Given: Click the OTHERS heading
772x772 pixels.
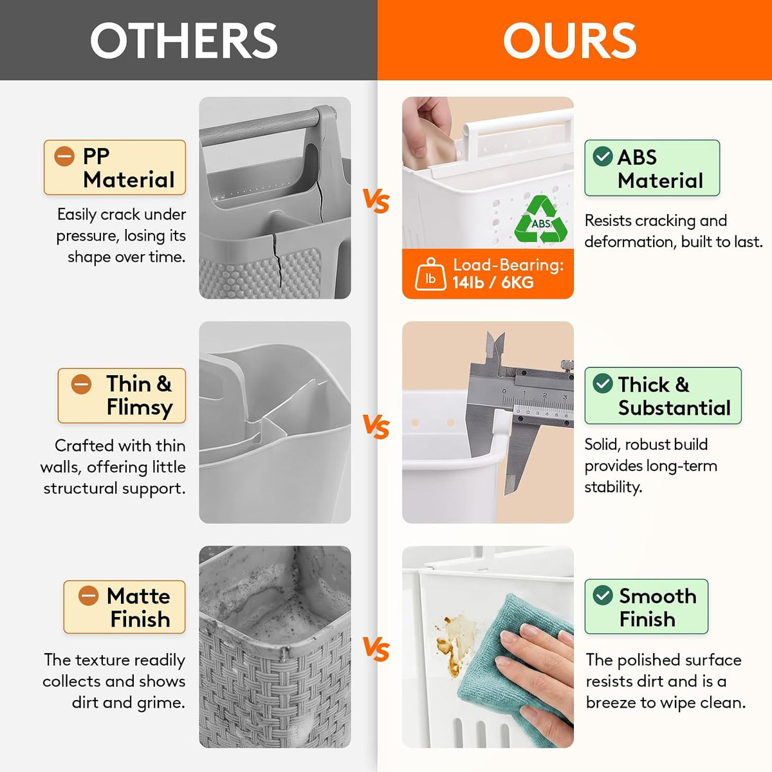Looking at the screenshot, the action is (184, 40).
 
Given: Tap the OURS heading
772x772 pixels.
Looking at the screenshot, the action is (570, 40).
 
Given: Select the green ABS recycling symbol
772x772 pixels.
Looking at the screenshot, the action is (541, 220).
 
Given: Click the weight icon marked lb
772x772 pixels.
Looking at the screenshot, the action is (430, 274).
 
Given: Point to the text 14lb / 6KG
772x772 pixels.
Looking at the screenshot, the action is (493, 283).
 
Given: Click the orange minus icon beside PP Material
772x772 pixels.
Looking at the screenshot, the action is (64, 156).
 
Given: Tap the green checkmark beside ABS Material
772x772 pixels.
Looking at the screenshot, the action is (603, 156).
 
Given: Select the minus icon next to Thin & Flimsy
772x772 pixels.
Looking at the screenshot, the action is (81, 384).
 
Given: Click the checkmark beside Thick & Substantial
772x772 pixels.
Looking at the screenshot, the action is (603, 383).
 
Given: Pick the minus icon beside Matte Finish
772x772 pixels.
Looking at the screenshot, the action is (88, 595).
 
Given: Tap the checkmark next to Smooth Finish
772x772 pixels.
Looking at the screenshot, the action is (603, 595).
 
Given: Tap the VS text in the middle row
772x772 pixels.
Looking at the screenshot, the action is (376, 426).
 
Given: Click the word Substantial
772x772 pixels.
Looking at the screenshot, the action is (675, 408).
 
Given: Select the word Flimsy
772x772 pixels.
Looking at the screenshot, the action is (140, 408).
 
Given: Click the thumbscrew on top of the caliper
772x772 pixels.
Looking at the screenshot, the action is (567, 365).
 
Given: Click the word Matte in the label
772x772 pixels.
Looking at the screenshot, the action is (138, 596).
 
